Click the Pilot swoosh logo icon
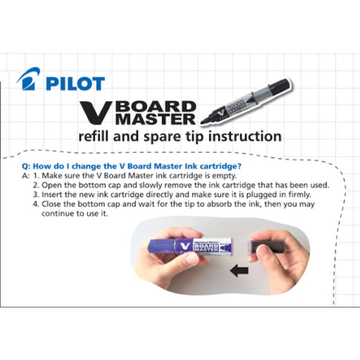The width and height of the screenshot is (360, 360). (28, 79)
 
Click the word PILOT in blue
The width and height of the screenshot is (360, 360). (75, 83)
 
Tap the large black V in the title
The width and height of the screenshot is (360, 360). (97, 113)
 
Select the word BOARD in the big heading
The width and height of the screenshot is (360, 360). (156, 107)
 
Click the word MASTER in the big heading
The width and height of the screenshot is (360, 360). (155, 119)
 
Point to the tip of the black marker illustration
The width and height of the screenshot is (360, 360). (202, 123)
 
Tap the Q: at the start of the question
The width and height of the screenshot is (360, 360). (26, 166)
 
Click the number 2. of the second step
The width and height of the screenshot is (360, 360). (36, 185)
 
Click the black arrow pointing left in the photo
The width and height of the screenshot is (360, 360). (239, 271)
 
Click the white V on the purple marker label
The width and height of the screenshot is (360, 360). (185, 247)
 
